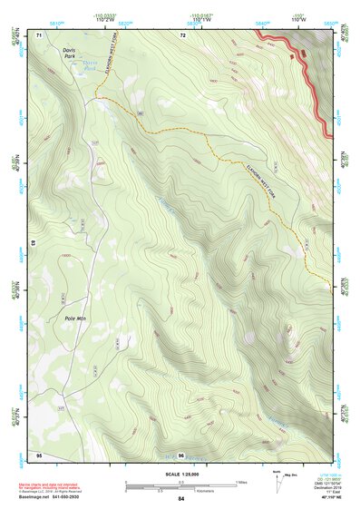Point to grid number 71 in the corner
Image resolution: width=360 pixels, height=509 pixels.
39,34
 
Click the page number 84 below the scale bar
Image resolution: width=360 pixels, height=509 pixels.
180,499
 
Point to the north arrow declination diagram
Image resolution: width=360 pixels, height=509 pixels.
277,479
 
